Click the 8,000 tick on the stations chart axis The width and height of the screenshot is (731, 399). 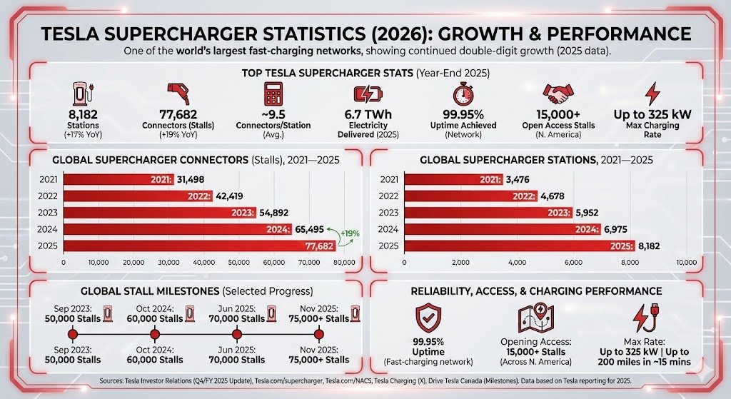pos(630,263)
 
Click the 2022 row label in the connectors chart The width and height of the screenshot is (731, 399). pos(48,196)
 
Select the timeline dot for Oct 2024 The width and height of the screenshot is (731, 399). pos(154,334)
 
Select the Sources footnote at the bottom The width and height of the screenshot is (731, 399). pos(365,383)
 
